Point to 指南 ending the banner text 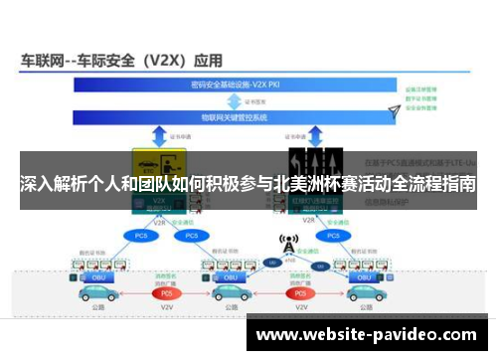[x=460, y=184]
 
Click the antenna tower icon [x=287, y=245]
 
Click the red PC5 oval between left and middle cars [x=166, y=293]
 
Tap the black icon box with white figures [x=316, y=161]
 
